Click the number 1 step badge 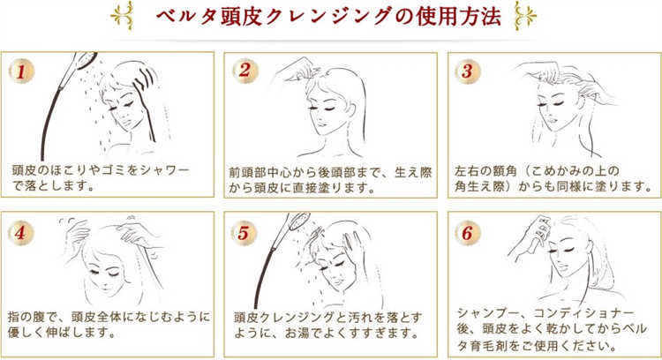pos(21,71)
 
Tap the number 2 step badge pos(244,71)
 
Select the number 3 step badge pos(467,71)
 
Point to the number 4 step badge pos(20,233)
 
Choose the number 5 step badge pos(244,233)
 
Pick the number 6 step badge pos(467,233)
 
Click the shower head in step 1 pos(85,60)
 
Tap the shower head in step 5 pos(299,221)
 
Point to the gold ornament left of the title pos(122,16)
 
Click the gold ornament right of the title pos(525,17)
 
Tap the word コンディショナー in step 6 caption pos(584,313)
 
